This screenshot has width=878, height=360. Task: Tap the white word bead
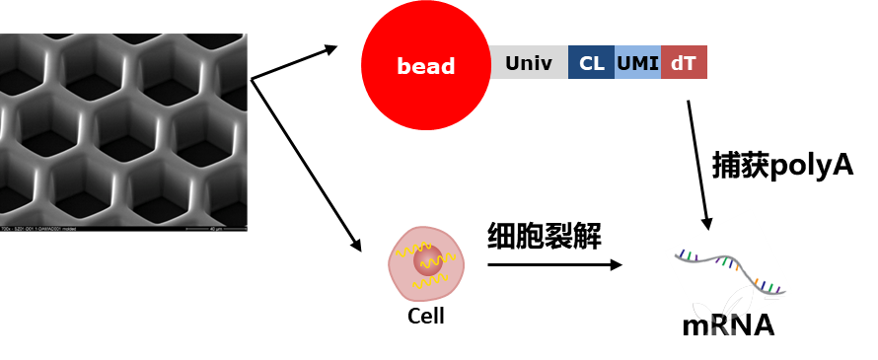pos(425,66)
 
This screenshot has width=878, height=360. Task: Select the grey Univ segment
pos(529,63)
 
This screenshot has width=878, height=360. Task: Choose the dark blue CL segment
pos(591,63)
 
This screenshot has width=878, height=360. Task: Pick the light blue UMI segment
pos(637,63)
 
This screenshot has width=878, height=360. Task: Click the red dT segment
pos(684,63)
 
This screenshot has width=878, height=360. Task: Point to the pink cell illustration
pos(425,264)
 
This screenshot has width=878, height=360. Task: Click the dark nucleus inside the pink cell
pos(428,261)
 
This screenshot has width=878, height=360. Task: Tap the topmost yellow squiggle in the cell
pos(413,249)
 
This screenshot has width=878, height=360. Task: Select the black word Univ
pos(529,64)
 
